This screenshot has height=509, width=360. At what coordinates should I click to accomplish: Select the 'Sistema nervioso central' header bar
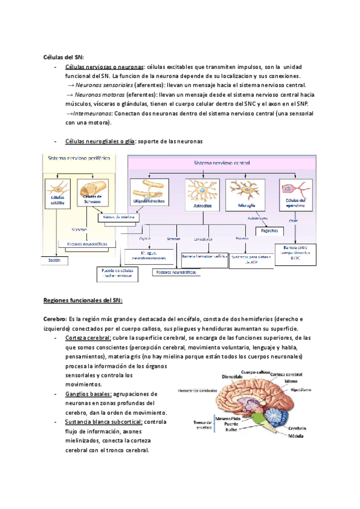[x=222, y=163]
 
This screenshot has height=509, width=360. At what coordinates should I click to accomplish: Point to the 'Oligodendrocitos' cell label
[x=150, y=201]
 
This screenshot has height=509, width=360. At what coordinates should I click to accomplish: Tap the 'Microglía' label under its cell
[x=248, y=205]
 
